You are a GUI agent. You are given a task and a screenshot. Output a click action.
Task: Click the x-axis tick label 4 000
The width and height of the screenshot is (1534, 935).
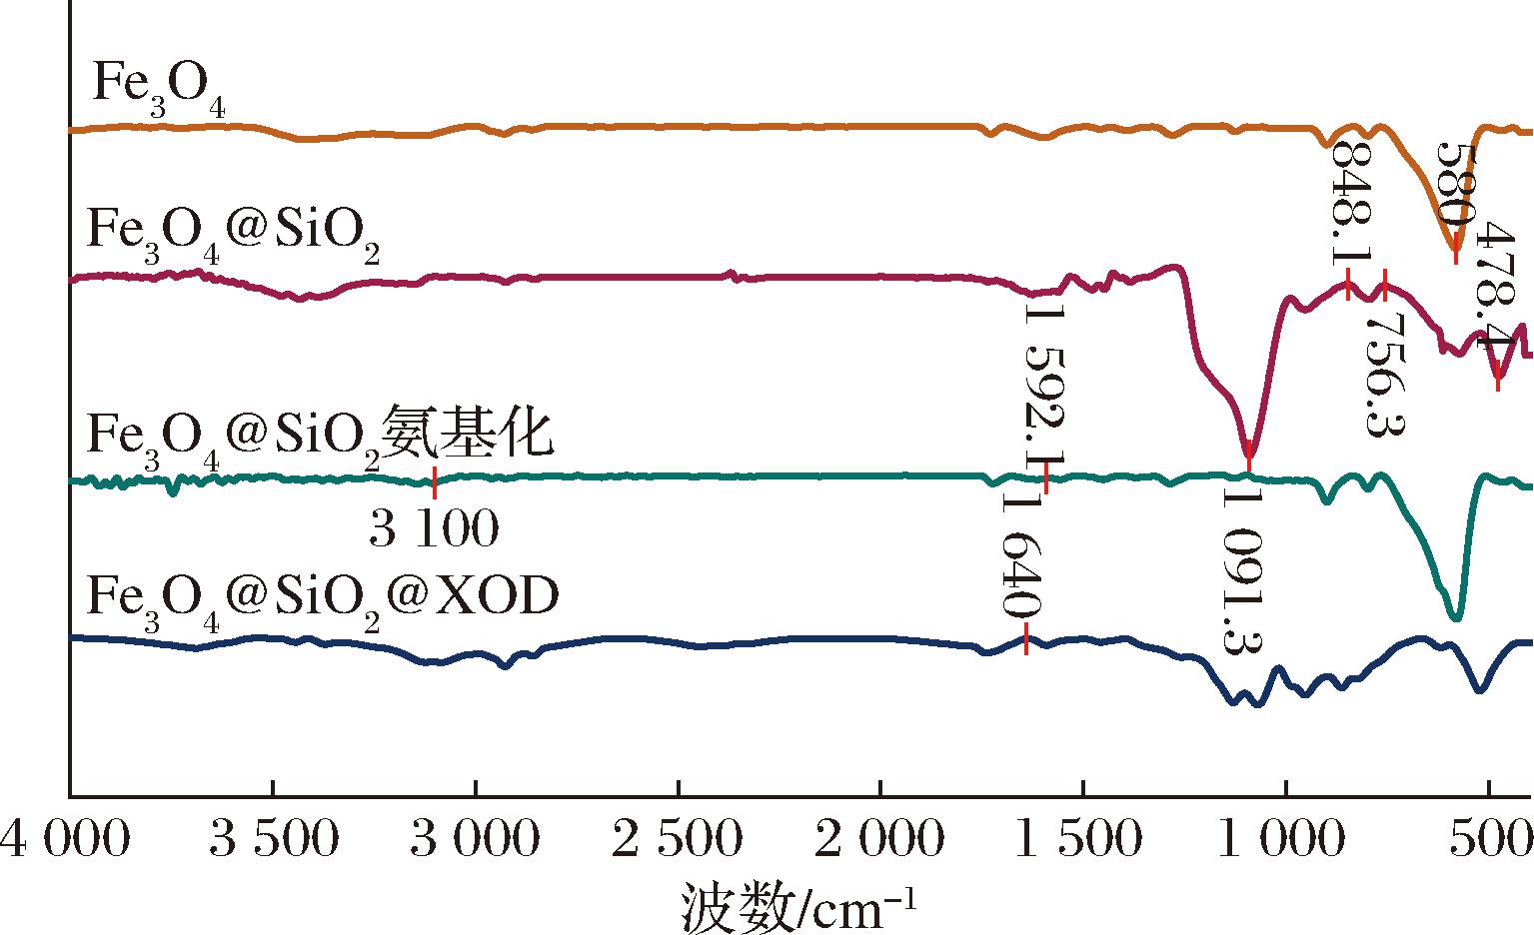(x=65, y=839)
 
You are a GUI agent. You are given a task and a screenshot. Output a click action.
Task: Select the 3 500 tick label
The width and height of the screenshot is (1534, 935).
(x=274, y=839)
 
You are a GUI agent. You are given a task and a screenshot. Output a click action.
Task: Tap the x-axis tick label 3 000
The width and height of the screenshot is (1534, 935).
(x=476, y=839)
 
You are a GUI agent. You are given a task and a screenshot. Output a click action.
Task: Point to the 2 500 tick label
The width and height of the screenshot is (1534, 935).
(x=678, y=839)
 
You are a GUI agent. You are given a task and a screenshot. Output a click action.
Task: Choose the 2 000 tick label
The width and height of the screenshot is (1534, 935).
(x=880, y=839)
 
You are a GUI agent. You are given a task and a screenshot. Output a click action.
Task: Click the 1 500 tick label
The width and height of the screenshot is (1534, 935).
(x=1079, y=839)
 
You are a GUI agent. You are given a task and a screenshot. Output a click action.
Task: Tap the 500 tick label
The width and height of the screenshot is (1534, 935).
(x=1491, y=839)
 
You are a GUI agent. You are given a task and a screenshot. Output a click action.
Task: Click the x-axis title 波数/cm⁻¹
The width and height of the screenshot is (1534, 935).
(x=798, y=908)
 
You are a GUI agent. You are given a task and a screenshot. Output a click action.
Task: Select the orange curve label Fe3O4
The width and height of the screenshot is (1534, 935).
(x=159, y=88)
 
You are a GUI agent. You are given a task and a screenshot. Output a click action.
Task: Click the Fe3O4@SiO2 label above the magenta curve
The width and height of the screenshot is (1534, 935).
(x=233, y=235)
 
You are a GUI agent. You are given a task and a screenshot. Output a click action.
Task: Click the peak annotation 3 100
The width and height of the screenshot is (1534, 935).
(x=434, y=528)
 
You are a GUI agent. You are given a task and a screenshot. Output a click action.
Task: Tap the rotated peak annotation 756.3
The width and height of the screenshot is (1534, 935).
(x=1385, y=375)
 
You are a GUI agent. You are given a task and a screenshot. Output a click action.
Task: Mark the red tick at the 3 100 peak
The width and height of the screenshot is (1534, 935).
(x=435, y=482)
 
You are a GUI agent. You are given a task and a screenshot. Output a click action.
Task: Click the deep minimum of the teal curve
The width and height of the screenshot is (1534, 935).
(x=1456, y=616)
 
